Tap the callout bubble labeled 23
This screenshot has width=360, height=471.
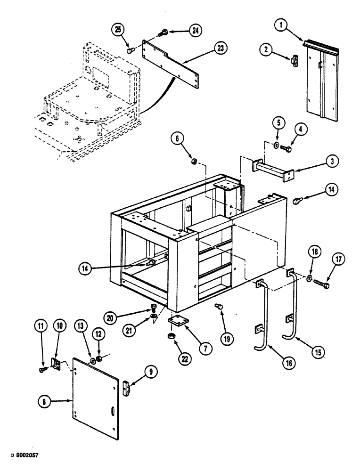pyautogui.click(x=220, y=48)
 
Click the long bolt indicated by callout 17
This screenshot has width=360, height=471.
pyautogui.click(x=322, y=284)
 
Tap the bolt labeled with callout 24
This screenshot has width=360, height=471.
pyautogui.click(x=165, y=32)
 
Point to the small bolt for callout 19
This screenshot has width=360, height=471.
pyautogui.click(x=218, y=307)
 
